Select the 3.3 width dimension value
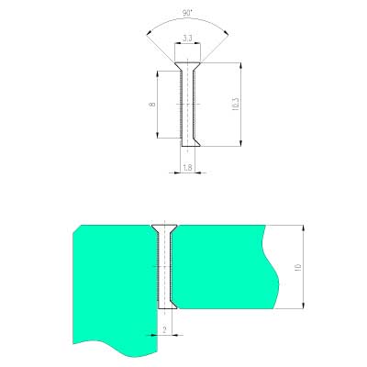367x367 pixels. coord(188,38)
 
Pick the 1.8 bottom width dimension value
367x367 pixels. coord(188,168)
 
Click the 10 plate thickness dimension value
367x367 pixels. coord(297,267)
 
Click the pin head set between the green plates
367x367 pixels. coord(165,228)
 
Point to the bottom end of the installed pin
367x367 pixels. coord(165,302)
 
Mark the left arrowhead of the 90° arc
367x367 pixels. coord(148,34)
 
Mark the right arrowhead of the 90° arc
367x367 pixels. coord(229,34)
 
